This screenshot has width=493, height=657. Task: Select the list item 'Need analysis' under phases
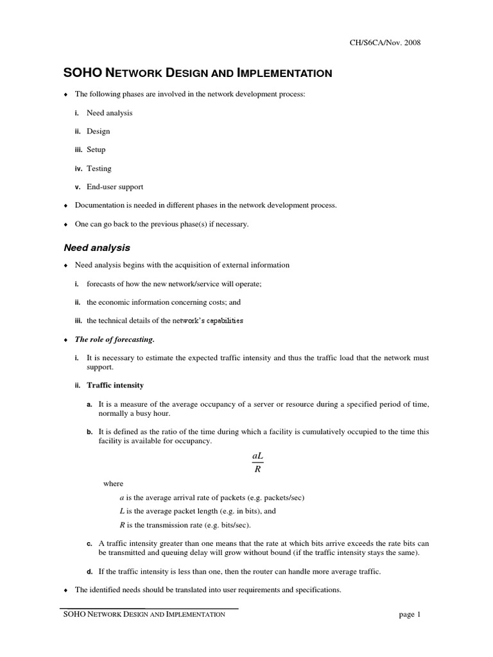110,113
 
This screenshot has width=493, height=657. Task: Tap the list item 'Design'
98,132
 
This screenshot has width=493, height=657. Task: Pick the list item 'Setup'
96,149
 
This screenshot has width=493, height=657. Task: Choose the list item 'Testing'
99,168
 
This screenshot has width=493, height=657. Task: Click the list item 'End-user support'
115,187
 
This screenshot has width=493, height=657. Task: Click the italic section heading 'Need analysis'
96,247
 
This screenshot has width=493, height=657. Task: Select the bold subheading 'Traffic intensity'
115,385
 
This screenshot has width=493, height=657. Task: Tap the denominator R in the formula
257,468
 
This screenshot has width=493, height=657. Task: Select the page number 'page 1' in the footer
409,615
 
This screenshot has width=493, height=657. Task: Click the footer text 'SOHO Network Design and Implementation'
144,615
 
